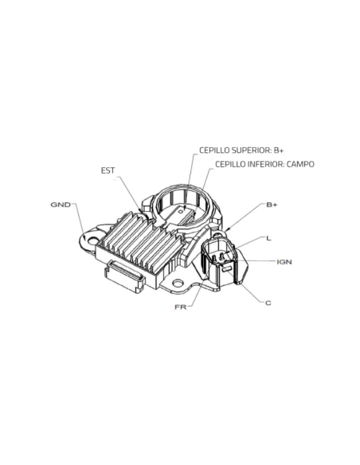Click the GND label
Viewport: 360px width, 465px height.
(61, 205)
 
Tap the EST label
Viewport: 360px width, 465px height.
(108, 170)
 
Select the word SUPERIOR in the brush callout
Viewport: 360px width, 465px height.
(251, 150)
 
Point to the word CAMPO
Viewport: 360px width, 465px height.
(300, 164)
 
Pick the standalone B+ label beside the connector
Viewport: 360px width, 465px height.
(272, 205)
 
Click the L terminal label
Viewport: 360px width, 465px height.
(268, 238)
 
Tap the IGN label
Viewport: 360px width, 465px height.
(284, 262)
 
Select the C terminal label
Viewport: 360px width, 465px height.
(268, 303)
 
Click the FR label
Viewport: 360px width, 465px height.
(181, 307)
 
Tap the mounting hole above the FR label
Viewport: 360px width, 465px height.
(178, 283)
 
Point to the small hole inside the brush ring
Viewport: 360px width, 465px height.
(181, 211)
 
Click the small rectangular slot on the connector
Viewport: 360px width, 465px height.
(226, 269)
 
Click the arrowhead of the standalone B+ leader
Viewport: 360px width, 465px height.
(227, 229)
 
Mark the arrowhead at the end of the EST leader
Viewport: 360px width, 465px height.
(140, 210)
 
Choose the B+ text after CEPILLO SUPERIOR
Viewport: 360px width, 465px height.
(279, 150)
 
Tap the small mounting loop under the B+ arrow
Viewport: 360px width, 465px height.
(220, 234)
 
